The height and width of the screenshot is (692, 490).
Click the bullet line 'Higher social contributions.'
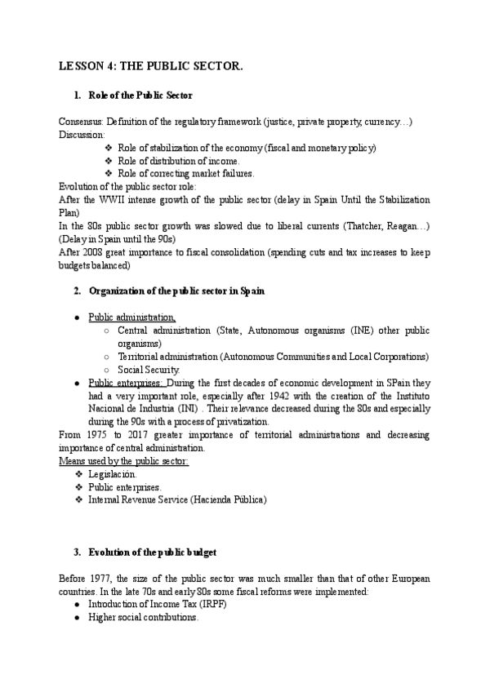click(143, 618)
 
